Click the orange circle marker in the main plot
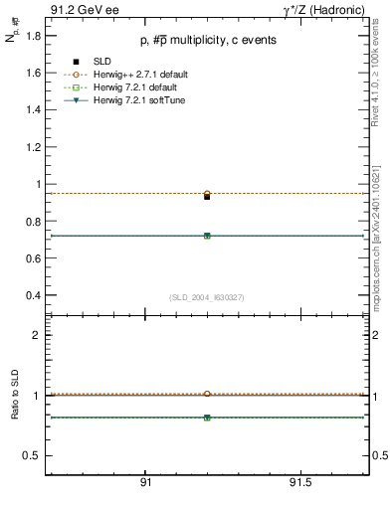pyautogui.click(x=207, y=193)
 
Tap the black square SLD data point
pyautogui.click(x=207, y=197)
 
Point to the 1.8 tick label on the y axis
pyautogui.click(x=33, y=36)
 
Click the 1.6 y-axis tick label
pyautogui.click(x=33, y=73)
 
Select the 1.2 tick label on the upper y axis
pyautogui.click(x=33, y=147)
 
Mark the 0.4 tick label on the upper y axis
pyautogui.click(x=33, y=295)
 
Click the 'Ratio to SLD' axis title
pyautogui.click(x=15, y=396)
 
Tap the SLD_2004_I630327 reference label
pyautogui.click(x=206, y=297)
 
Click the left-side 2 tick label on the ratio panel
pyautogui.click(x=37, y=335)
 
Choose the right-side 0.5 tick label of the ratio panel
pyautogui.click(x=379, y=455)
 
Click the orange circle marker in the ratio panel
pyautogui.click(x=207, y=394)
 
